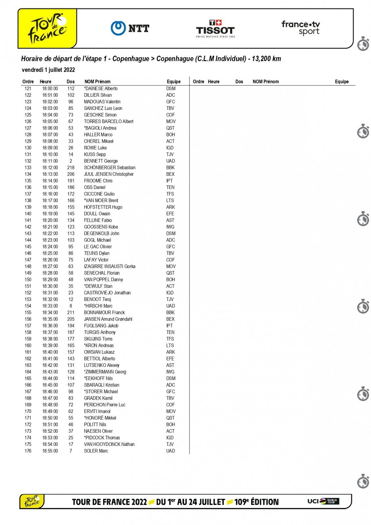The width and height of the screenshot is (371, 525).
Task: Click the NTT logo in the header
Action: pos(130,28)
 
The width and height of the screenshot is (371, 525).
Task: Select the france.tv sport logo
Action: pos(301,28)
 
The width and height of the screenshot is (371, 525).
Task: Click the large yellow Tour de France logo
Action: pos(48,28)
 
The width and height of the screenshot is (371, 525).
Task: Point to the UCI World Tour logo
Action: pos(323,501)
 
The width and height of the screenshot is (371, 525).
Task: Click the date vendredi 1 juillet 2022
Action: pos(48,70)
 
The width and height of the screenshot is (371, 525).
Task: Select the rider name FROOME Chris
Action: pos(98,181)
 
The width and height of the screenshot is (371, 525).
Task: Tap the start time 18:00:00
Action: pos(50,89)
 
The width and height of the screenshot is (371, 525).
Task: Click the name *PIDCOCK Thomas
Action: pos(102,438)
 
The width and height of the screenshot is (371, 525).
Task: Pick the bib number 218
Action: pos(71,168)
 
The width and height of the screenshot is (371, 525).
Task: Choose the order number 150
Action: pos(28,280)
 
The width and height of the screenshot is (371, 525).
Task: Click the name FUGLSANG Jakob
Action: pos(101,326)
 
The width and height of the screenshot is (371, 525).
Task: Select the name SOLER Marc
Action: pos(96,451)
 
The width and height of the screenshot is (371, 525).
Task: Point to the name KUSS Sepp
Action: pos(95,155)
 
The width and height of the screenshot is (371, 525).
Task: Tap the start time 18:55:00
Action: pos(50,451)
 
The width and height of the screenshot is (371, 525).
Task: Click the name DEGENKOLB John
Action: pos(102,234)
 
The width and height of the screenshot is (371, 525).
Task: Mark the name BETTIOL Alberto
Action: pos(99,359)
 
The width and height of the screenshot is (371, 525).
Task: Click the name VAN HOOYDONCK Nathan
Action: pos(109,444)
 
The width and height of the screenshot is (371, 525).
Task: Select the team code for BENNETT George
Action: pos(170,161)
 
